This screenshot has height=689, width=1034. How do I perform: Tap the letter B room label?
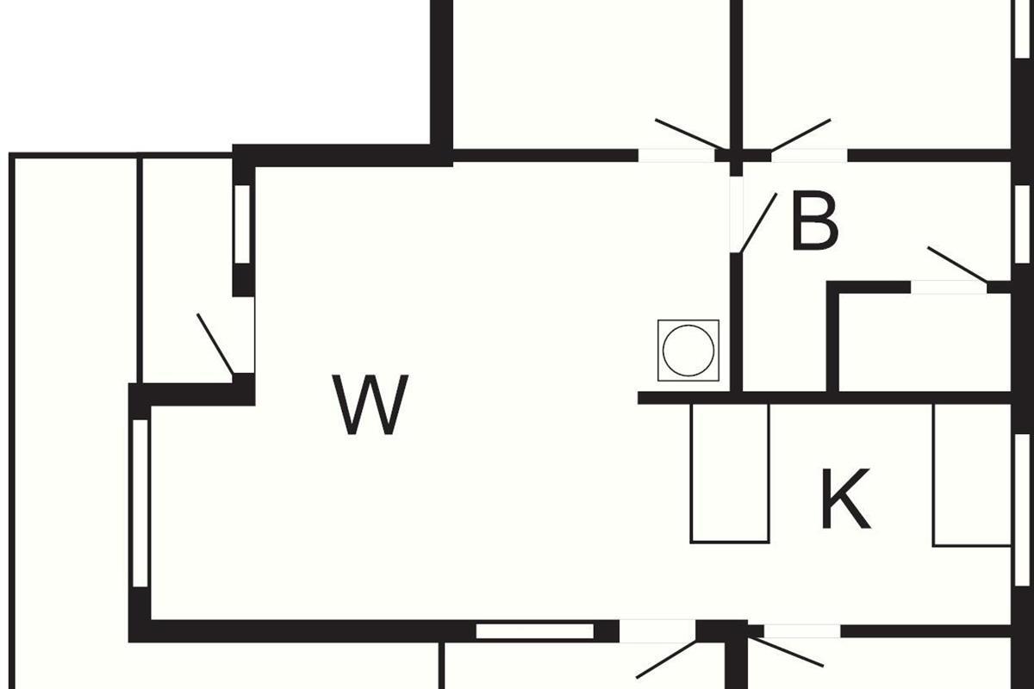pyautogui.click(x=814, y=223)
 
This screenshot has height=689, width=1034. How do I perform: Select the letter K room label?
pyautogui.click(x=844, y=499)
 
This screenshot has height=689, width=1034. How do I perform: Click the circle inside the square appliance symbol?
pyautogui.click(x=688, y=351)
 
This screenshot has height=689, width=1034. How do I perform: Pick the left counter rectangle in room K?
pyautogui.click(x=730, y=473)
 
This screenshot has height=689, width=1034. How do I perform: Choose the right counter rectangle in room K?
pyautogui.click(x=971, y=475)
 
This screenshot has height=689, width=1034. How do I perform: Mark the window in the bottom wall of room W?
pyautogui.click(x=535, y=631)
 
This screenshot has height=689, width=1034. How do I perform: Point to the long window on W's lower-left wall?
pyautogui.click(x=140, y=503)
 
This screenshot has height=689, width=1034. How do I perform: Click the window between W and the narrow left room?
pyautogui.click(x=242, y=224)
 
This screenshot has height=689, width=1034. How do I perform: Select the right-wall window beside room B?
pyautogui.click(x=1022, y=223)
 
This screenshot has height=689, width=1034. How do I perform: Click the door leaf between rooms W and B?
pyautogui.click(x=758, y=223)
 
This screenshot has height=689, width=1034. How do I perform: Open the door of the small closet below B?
pyautogui.click(x=956, y=264)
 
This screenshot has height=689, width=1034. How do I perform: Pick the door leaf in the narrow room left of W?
pyautogui.click(x=215, y=344)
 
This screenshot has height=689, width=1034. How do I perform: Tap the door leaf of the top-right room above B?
pyautogui.click(x=800, y=134)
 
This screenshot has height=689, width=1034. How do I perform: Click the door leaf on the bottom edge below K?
pyautogui.click(x=787, y=652)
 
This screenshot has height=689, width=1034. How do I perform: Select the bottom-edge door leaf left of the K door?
pyautogui.click(x=666, y=660)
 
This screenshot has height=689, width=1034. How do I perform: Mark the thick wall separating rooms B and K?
pyautogui.click(x=862, y=398)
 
